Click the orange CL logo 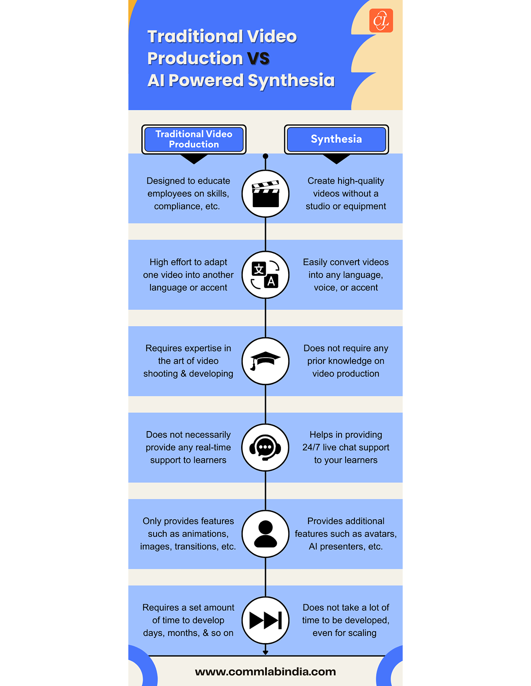point(381,21)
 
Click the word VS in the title point(258,58)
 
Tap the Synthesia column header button point(336,139)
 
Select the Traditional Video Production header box point(194,139)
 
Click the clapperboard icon point(265,194)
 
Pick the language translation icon point(265,275)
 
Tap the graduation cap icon point(265,361)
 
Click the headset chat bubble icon point(265,447)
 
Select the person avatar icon point(265,534)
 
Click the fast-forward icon point(265,620)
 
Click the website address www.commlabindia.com point(265,672)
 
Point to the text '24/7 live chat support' point(346,447)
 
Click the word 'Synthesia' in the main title point(291,81)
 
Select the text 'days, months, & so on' point(188,633)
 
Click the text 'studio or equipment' point(346,206)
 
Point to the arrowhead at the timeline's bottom point(265,652)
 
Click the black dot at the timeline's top point(265,156)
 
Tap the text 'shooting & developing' point(188,374)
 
